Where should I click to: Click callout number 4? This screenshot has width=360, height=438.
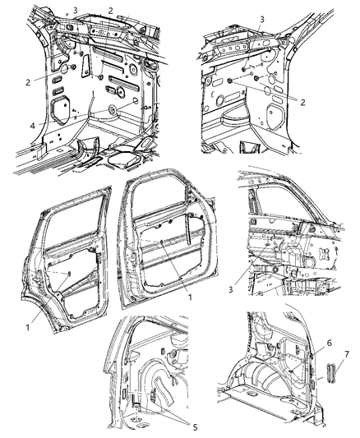click(33, 126)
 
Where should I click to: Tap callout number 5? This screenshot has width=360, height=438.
click(195, 427)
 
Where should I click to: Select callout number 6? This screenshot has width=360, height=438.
click(329, 343)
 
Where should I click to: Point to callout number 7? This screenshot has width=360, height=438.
click(347, 354)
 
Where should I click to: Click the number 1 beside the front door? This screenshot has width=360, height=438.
click(190, 297)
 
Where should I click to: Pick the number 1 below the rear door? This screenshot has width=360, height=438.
click(28, 327)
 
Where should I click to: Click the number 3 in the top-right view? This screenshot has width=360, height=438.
click(262, 19)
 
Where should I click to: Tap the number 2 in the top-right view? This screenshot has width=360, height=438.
click(302, 102)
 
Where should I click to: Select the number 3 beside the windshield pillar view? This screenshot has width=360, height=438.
click(230, 289)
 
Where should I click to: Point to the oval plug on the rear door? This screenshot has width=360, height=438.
click(68, 274)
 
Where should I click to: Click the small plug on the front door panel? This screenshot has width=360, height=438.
click(161, 242)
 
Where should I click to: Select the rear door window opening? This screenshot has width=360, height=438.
click(73, 221)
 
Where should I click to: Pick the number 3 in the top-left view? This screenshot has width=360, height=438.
click(76, 11)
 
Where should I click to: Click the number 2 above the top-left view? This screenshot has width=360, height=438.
click(111, 11)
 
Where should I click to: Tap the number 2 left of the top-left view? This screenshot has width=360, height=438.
click(28, 82)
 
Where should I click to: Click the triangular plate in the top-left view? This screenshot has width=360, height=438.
click(85, 66)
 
